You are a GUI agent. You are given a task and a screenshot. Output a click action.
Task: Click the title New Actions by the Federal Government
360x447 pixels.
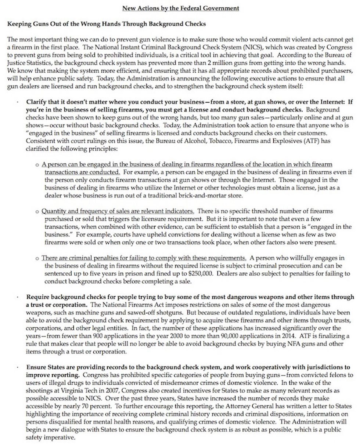click(x=180, y=8)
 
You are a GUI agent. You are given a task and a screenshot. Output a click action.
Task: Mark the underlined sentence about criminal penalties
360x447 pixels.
click(x=144, y=258)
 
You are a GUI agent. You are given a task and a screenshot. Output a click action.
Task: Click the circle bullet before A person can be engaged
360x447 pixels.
click(x=37, y=165)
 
